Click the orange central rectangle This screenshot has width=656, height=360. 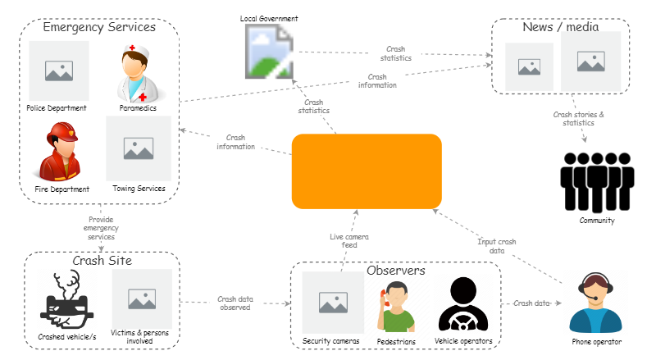point(367,171)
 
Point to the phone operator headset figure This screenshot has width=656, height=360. point(597,303)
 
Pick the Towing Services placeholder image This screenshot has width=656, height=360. point(139,148)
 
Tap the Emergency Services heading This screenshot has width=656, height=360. point(99,27)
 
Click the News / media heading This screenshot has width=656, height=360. point(560,27)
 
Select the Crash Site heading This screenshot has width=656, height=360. point(102,261)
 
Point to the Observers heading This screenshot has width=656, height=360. point(395,270)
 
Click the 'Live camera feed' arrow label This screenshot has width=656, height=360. point(348,241)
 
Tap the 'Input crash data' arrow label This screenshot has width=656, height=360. point(496,246)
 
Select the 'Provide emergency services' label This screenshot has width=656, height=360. point(101,228)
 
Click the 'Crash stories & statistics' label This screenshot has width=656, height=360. point(578,119)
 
